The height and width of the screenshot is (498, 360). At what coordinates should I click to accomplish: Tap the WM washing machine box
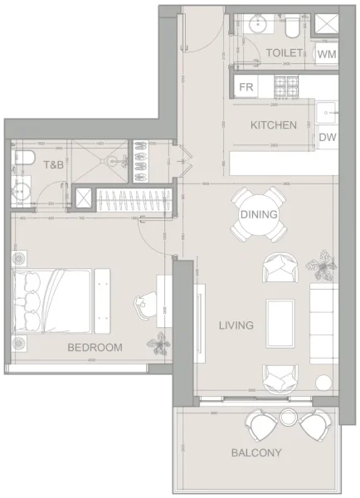[x=327, y=54]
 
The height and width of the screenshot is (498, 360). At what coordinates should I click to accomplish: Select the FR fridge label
[x=246, y=86]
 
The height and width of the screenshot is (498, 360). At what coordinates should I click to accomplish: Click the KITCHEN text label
[x=274, y=125]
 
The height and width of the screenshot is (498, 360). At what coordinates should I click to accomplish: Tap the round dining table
[x=259, y=214]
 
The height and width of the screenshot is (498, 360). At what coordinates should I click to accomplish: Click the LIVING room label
[x=236, y=325]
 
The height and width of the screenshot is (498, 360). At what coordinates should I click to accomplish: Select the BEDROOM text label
[x=95, y=347]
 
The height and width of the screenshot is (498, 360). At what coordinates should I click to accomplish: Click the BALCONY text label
[x=256, y=452]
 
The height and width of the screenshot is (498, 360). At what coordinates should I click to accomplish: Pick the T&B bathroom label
[x=54, y=165]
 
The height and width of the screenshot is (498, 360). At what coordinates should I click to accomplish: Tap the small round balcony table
[x=289, y=417]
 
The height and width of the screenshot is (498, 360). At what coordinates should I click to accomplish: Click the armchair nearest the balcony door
[x=280, y=378]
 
